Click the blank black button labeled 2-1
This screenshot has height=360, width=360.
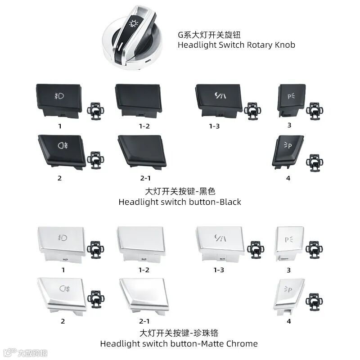[x=142, y=151]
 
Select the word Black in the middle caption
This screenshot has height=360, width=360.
[x=229, y=202]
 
